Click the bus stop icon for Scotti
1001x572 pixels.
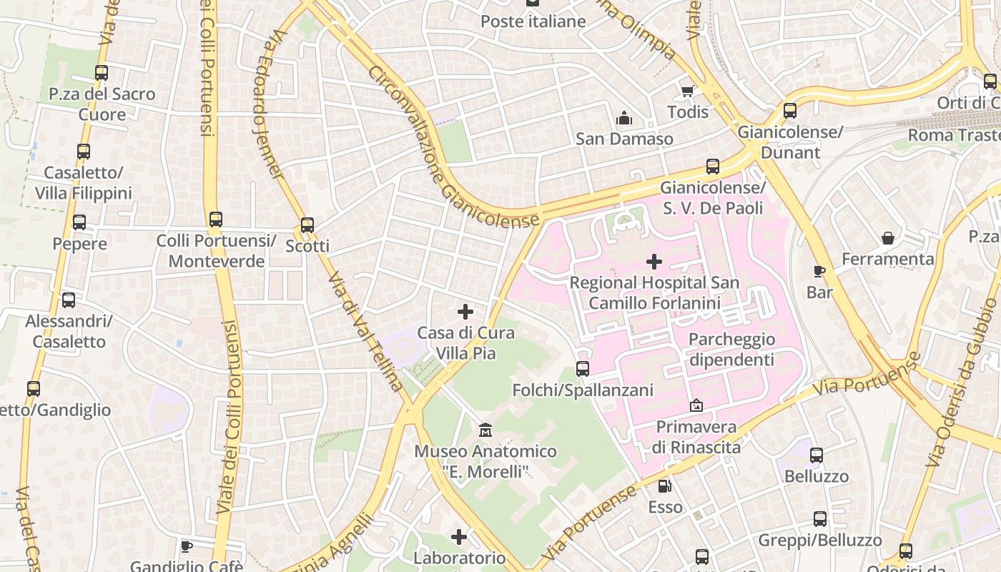[307, 225]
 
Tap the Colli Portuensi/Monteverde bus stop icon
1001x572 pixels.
[216, 220]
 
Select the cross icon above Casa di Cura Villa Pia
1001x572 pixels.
[465, 312]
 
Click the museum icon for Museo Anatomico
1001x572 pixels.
[485, 430]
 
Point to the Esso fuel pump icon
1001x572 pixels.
[665, 486]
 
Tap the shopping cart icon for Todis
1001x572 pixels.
[687, 91]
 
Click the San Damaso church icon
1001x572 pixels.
[624, 118]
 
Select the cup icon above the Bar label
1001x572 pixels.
[819, 271]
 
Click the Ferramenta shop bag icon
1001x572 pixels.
[887, 238]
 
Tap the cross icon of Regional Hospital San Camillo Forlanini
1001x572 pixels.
[654, 262]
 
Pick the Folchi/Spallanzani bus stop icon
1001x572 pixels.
[583, 369]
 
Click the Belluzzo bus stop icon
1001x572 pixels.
[816, 455]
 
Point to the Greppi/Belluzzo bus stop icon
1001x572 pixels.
[820, 519]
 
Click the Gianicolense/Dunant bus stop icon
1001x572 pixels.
[789, 111]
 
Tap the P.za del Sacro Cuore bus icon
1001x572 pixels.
[102, 73]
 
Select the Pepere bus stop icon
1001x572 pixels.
[79, 222]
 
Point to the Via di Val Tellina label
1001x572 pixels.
[366, 330]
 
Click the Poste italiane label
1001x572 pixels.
[533, 21]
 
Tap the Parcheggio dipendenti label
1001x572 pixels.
[731, 349]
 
